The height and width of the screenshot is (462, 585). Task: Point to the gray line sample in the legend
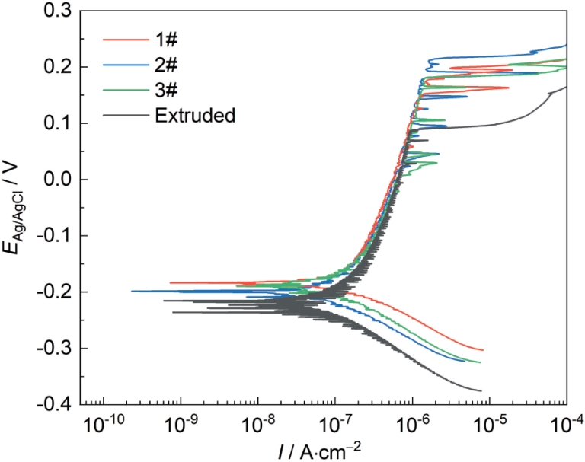(x=123, y=115)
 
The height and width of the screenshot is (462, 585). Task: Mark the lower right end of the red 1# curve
(x=484, y=349)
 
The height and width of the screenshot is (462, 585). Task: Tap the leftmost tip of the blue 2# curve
(x=133, y=291)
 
